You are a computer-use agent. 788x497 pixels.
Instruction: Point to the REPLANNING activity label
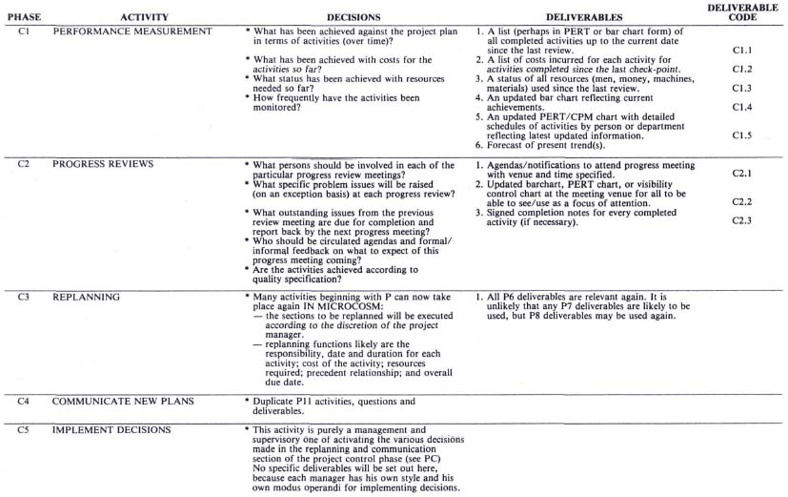(87, 297)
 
